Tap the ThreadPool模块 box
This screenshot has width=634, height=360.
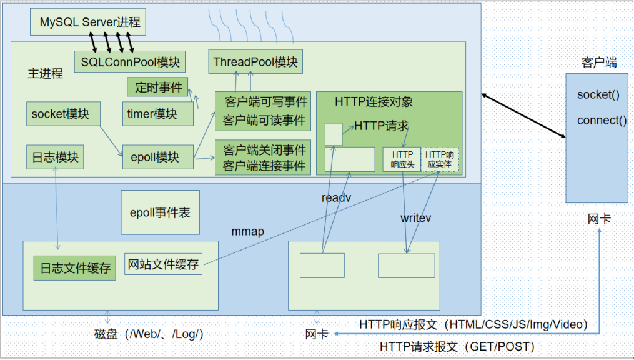(255, 62)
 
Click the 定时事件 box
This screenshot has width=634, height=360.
(157, 87)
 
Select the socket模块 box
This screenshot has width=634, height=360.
(61, 114)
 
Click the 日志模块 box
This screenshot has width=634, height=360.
(56, 157)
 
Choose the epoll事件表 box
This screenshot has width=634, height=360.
(160, 212)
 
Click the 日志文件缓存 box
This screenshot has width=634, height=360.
(74, 267)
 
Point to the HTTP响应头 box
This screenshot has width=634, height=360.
(402, 159)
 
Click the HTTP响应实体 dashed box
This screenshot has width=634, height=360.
(440, 159)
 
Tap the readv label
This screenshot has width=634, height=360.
(336, 198)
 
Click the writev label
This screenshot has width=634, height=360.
(416, 218)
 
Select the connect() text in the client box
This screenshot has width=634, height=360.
(602, 121)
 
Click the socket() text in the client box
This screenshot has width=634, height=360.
(598, 95)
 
